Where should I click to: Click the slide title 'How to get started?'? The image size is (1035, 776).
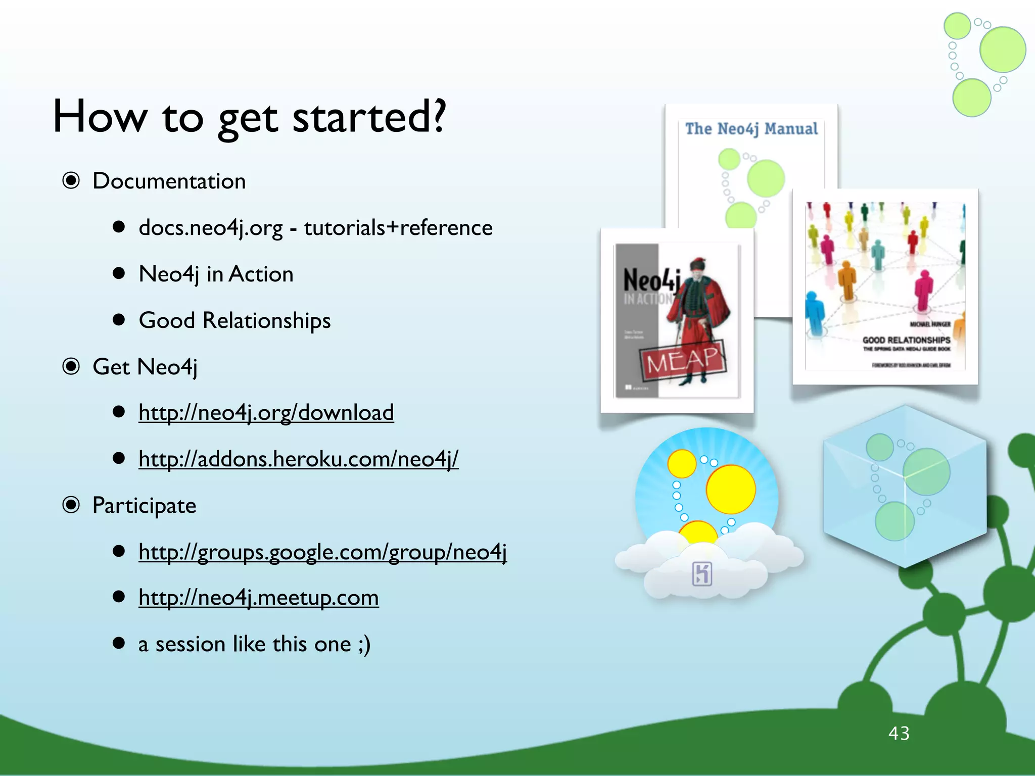pyautogui.click(x=250, y=117)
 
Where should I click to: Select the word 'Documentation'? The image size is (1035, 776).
pyautogui.click(x=169, y=181)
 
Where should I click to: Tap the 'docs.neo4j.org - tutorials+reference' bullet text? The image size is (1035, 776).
pyautogui.click(x=315, y=228)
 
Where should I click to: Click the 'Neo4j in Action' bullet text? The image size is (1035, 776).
pyautogui.click(x=216, y=274)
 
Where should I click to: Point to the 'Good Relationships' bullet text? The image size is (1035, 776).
pyautogui.click(x=234, y=321)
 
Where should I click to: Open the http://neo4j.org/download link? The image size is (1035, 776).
pyautogui.click(x=266, y=413)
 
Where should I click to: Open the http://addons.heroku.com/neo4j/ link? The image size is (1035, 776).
pyautogui.click(x=298, y=459)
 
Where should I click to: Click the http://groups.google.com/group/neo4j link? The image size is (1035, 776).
pyautogui.click(x=322, y=552)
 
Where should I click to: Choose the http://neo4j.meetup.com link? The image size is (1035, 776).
pyautogui.click(x=258, y=598)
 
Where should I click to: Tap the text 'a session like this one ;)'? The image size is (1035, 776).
pyautogui.click(x=254, y=644)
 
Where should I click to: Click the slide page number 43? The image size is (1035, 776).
pyautogui.click(x=899, y=733)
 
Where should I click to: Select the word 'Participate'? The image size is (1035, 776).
pyautogui.click(x=144, y=506)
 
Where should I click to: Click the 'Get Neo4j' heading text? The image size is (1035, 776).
pyautogui.click(x=145, y=367)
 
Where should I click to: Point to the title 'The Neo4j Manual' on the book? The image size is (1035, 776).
pyautogui.click(x=751, y=129)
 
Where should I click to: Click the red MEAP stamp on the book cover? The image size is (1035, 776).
pyautogui.click(x=683, y=360)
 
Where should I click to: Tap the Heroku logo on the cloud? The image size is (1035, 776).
pyautogui.click(x=702, y=573)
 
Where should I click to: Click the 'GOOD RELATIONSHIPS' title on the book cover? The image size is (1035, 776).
pyautogui.click(x=906, y=340)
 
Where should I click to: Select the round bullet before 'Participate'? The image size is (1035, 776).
pyautogui.click(x=71, y=505)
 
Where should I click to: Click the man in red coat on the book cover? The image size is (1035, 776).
pyautogui.click(x=697, y=313)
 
